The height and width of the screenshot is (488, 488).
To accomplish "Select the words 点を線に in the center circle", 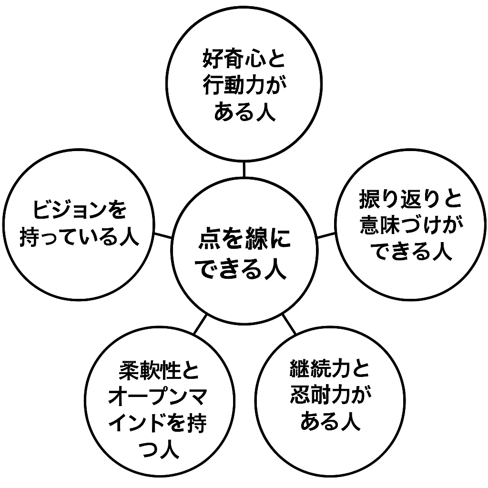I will tap(244, 240).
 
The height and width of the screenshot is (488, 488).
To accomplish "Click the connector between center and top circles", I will tap(244, 170).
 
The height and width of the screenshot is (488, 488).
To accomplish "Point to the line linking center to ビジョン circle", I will tap(163, 234).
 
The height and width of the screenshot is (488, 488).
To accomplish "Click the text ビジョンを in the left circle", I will tap(80, 210).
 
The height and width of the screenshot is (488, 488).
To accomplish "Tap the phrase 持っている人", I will tap(80, 236).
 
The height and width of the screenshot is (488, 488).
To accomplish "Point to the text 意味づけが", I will tap(410, 226).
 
